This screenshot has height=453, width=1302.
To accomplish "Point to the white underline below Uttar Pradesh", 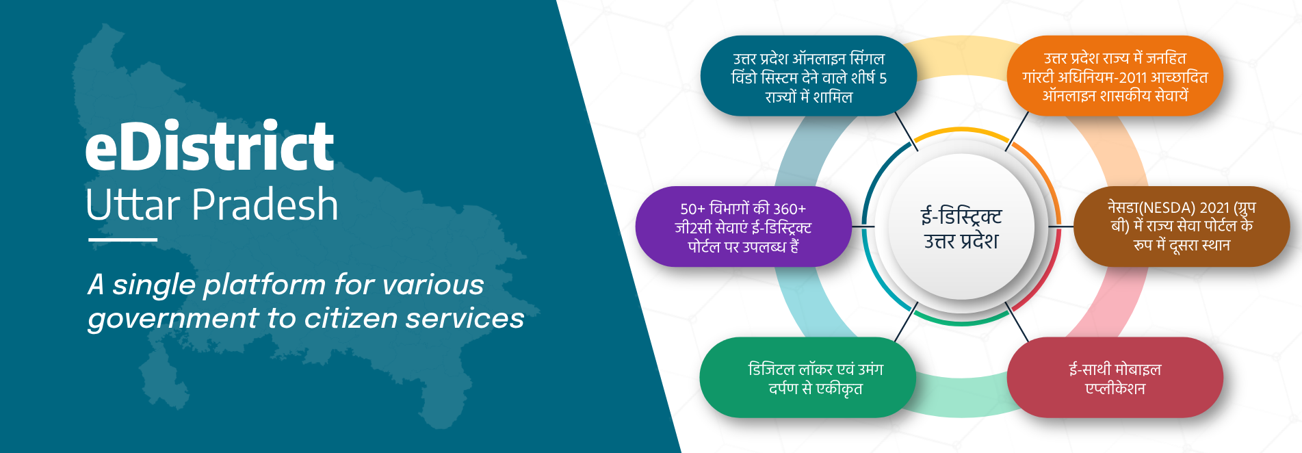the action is point(122,240).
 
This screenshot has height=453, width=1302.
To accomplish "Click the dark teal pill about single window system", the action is point(809,76).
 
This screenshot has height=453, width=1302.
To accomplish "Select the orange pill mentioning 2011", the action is point(1115,76).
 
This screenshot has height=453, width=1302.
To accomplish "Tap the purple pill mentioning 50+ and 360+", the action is point(743,226).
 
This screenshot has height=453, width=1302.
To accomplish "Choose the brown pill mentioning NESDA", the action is point(1182,226).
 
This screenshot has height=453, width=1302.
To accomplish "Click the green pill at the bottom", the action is point(808,378).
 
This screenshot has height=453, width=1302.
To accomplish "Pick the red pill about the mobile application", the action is point(1115,378).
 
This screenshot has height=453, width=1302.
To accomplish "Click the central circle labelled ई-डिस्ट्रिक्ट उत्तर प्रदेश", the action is point(961,227).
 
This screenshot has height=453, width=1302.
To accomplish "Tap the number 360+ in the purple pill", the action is point(790,209).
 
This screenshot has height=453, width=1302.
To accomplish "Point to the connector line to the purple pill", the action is point(863,226).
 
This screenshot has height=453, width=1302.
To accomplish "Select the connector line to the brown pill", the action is point(1061,226).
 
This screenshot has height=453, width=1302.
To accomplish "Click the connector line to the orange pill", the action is point(1017,131).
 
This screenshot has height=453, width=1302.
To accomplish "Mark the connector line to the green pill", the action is point(906,322).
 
